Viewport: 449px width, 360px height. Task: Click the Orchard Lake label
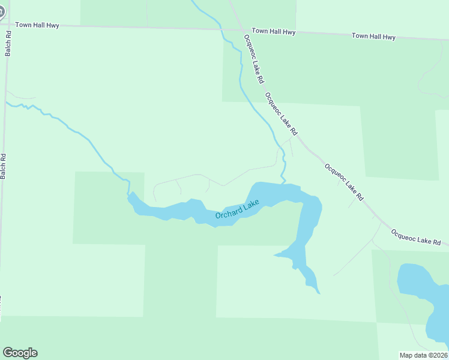pos(238,210)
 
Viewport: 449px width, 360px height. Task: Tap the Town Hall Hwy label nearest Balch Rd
pos(35,25)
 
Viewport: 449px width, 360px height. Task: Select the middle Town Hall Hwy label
pos(274,31)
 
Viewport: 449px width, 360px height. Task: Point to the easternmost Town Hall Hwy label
pos(373,37)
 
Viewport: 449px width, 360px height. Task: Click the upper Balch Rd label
pos(9,44)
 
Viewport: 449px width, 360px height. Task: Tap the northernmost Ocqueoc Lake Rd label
pos(253,59)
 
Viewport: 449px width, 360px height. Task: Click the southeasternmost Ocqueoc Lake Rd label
pos(415,236)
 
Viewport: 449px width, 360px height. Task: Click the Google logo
pos(20,353)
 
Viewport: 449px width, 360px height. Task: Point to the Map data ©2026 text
pos(424,355)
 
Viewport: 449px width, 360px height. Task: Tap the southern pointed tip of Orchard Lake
pos(319,293)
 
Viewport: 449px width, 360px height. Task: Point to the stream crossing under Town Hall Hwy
pos(222,29)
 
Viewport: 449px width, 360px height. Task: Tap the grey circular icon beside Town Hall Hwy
pos(2,10)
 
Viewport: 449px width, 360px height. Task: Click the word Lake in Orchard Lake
pos(251,206)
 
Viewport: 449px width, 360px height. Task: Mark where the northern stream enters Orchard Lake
pos(284,183)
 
